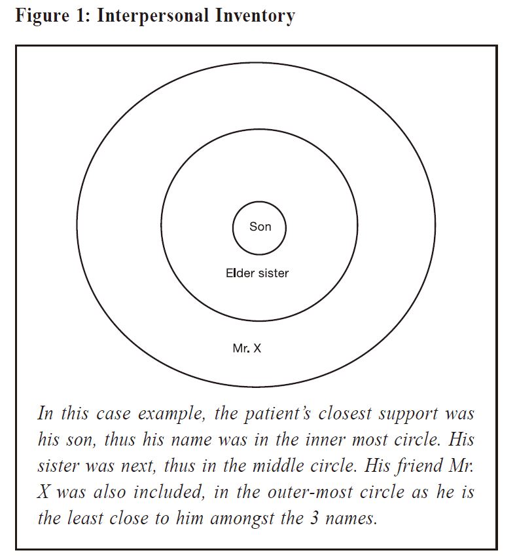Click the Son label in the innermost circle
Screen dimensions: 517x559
pyautogui.click(x=260, y=227)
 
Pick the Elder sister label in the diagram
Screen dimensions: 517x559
pyautogui.click(x=257, y=273)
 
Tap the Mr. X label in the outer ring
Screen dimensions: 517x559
pyautogui.click(x=247, y=348)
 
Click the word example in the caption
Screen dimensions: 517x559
pyautogui.click(x=171, y=414)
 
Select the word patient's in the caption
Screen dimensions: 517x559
pyautogui.click(x=277, y=414)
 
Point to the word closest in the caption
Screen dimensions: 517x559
pyautogui.click(x=345, y=414)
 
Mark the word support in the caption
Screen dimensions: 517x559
pyautogui.click(x=408, y=414)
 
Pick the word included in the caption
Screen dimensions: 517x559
pyautogui.click(x=169, y=492)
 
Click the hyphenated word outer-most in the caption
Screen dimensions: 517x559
pyautogui.click(x=310, y=493)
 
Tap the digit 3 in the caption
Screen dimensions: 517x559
pyautogui.click(x=314, y=518)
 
